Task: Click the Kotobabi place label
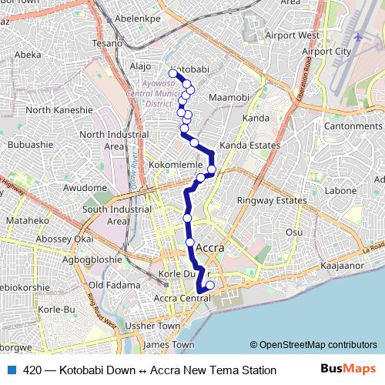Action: click(192, 69)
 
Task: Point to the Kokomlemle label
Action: click(175, 166)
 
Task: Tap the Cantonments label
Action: click(353, 126)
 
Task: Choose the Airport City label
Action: click(326, 52)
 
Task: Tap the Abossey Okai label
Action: click(64, 239)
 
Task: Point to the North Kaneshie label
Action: click(59, 110)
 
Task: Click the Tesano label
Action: click(108, 43)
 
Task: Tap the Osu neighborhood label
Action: click(294, 232)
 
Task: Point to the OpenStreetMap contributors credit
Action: click(313, 345)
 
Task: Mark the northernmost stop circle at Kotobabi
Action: click(174, 74)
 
